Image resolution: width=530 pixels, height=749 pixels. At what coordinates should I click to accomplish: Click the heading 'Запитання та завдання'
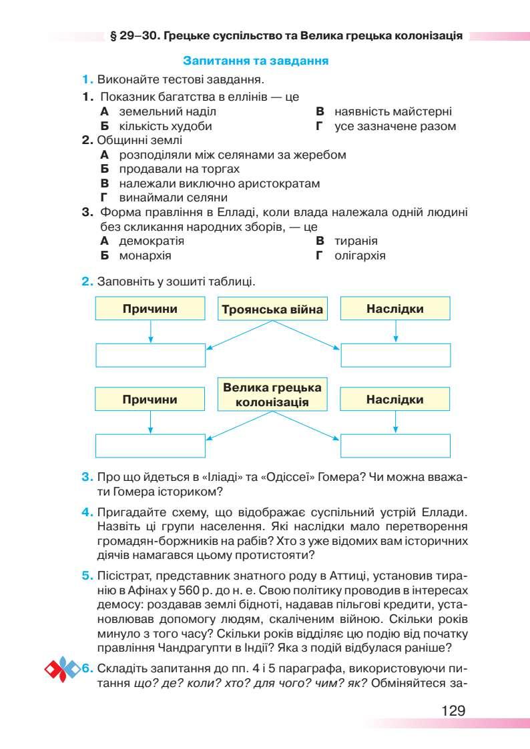click(255, 61)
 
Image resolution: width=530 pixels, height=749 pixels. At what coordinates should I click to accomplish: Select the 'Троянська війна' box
click(272, 309)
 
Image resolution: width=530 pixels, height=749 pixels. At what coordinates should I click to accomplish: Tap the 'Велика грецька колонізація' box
click(272, 395)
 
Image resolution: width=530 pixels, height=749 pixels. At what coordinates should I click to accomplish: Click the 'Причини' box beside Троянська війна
click(150, 309)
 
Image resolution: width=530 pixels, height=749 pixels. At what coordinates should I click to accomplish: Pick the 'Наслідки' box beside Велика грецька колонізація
click(395, 400)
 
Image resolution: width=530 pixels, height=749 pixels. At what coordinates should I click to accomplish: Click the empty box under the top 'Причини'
click(150, 355)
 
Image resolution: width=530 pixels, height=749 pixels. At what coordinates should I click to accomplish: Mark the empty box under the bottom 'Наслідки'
click(395, 446)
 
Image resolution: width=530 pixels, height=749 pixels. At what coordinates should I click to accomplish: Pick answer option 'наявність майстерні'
click(393, 111)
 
